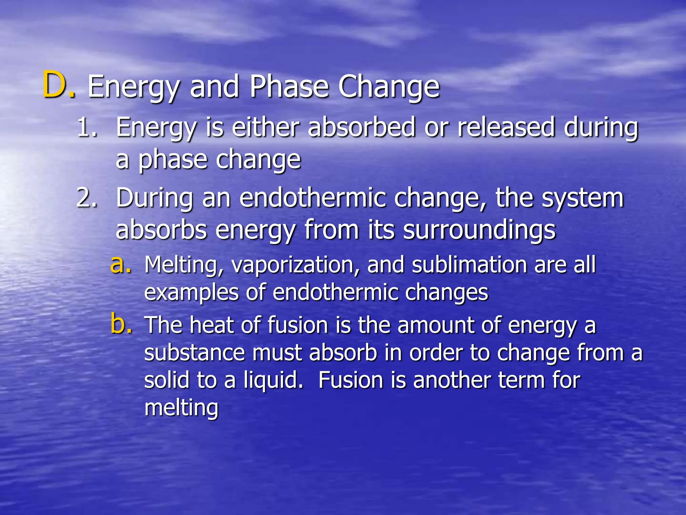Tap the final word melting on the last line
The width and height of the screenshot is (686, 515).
click(181, 408)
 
